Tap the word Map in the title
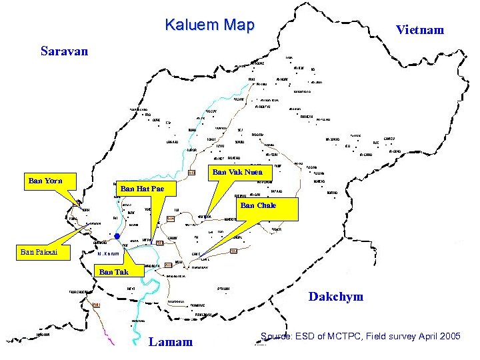click(x=240, y=25)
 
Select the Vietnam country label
click(x=419, y=30)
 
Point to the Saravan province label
click(x=64, y=51)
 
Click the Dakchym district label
click(x=336, y=297)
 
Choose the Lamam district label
click(x=171, y=342)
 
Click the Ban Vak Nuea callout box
click(x=237, y=172)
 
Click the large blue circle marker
click(x=117, y=236)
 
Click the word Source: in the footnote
click(x=276, y=336)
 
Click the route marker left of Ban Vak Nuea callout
click(x=191, y=173)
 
